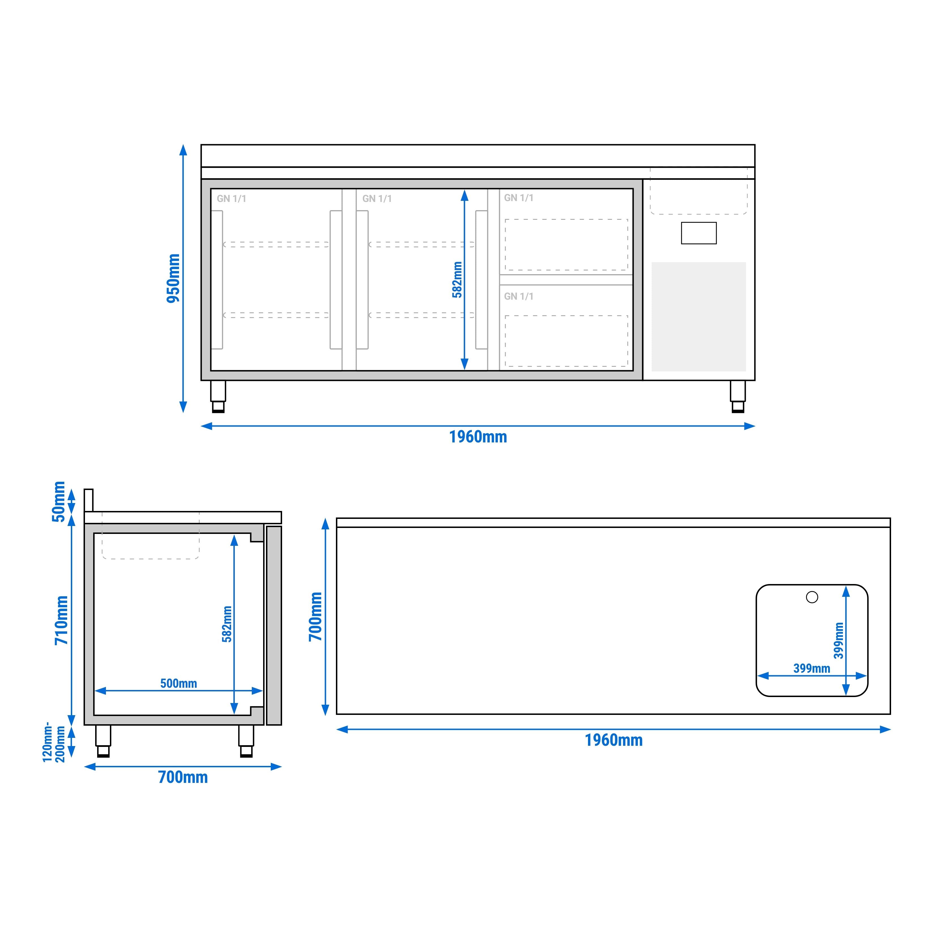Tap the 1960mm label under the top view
(x=613, y=740)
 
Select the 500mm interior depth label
(x=178, y=683)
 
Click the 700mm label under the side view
(x=183, y=777)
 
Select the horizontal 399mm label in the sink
(x=811, y=668)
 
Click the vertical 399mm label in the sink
(x=838, y=640)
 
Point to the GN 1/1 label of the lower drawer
(x=519, y=296)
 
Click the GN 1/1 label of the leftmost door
(x=231, y=199)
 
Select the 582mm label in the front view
(x=457, y=280)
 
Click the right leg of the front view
(x=737, y=396)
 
